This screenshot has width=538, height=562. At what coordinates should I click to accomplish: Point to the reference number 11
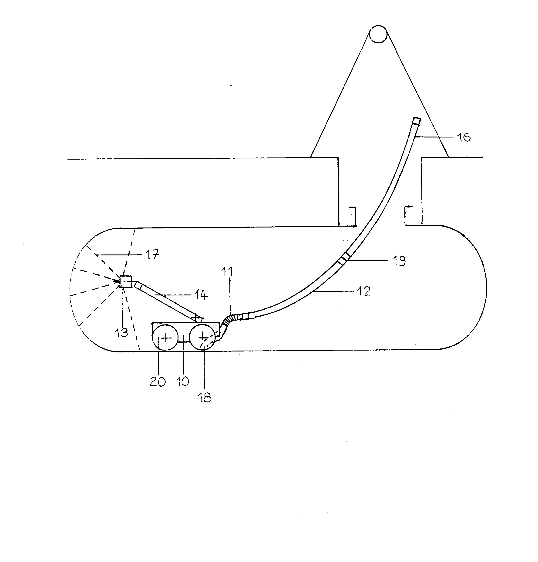tap(227, 272)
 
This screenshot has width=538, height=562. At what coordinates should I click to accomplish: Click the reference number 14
tap(201, 295)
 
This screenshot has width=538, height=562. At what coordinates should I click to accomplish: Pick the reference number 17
tap(152, 254)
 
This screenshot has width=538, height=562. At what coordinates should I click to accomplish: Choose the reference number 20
tap(158, 381)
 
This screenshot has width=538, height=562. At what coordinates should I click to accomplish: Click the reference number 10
tap(183, 381)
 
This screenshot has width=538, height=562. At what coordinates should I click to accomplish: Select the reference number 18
tap(205, 397)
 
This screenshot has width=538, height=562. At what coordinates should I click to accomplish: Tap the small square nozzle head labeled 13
tap(126, 281)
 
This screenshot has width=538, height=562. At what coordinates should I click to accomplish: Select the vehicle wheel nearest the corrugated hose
tap(202, 337)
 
